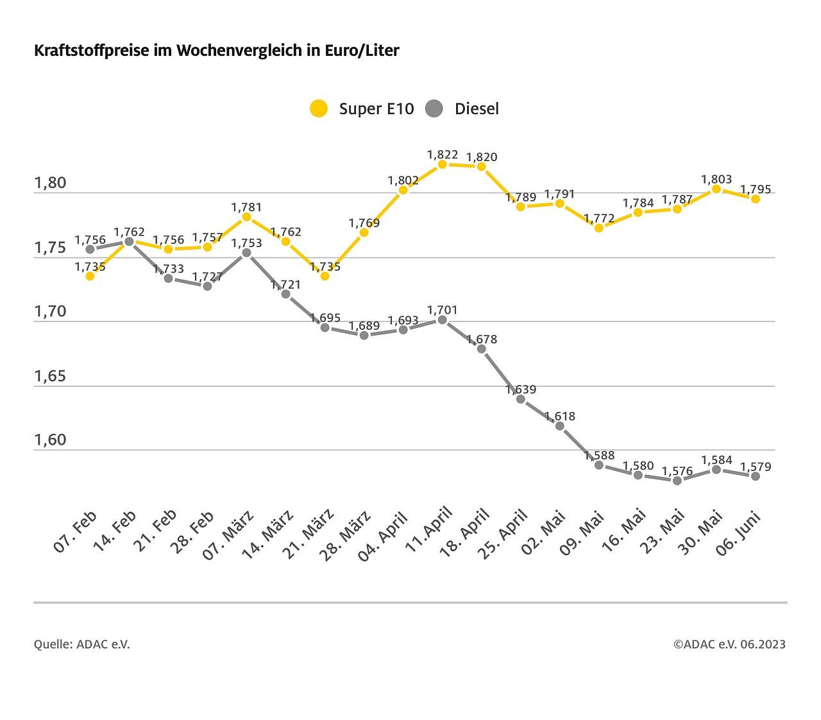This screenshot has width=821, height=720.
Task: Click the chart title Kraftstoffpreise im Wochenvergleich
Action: (216, 51)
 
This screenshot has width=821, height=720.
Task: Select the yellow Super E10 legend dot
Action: (319, 108)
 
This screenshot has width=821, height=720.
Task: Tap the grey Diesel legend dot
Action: (434, 108)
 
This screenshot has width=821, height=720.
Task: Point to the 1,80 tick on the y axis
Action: (50, 183)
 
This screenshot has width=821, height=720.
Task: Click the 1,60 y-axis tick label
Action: (50, 440)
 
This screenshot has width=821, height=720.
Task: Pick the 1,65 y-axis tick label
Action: (50, 376)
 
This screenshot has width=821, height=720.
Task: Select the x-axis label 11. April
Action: (430, 530)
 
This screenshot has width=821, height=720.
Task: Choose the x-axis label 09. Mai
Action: (583, 532)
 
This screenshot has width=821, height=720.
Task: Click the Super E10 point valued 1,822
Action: (442, 164)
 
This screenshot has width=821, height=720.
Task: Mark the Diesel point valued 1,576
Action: (677, 480)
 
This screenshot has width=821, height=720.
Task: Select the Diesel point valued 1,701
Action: (442, 320)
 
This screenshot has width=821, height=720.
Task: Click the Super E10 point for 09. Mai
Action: (599, 228)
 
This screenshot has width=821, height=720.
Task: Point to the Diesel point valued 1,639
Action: (521, 399)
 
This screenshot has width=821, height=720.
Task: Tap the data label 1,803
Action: (716, 180)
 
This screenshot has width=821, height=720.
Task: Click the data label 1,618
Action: (560, 416)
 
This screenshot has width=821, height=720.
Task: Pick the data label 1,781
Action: (246, 207)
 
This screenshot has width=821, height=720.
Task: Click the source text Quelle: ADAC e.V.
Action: (82, 644)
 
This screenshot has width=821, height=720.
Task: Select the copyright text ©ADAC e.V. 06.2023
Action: (729, 644)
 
